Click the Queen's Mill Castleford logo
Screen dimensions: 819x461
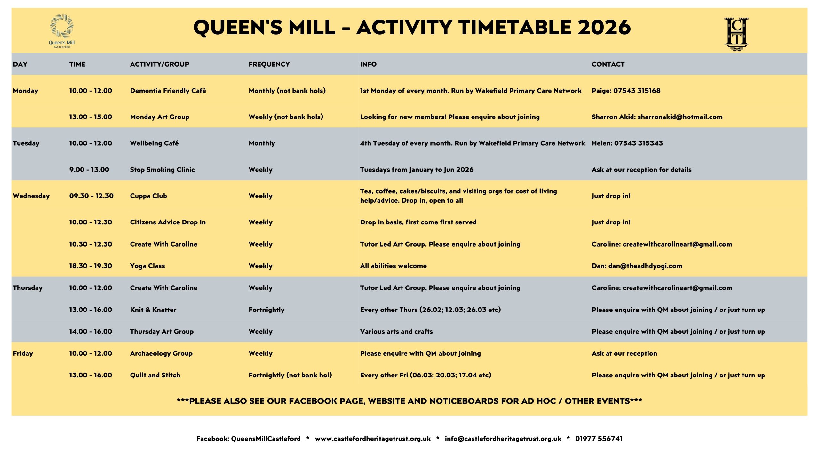pos(62,31)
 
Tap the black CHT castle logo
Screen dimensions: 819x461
pos(736,34)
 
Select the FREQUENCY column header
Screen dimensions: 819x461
pos(269,64)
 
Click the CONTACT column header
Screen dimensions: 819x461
pos(608,64)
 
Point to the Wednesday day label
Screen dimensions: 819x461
pos(31,196)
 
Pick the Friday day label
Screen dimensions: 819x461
pos(23,353)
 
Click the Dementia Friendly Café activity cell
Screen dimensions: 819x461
pos(168,91)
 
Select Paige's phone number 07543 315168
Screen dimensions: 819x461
pos(637,91)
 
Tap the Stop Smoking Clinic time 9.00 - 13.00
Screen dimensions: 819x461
pos(89,170)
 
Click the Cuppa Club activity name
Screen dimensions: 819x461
pos(148,196)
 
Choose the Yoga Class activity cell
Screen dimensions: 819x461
pos(147,266)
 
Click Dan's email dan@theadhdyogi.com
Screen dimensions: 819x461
pos(645,266)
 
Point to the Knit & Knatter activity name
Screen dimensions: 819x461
pos(153,310)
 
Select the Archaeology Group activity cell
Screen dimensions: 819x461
pos(161,353)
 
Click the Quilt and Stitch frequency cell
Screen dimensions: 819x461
pos(290,375)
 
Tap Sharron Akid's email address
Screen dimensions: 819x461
pos(680,117)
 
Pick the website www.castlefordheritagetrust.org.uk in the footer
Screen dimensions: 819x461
pos(373,439)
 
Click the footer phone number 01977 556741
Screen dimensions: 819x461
pos(599,439)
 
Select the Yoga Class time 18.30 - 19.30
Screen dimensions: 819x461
pos(91,266)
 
